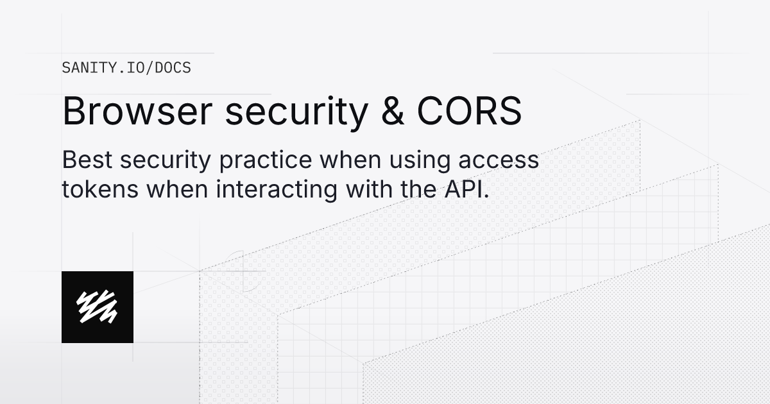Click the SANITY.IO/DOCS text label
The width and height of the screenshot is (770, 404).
click(126, 67)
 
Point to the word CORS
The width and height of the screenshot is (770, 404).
click(470, 112)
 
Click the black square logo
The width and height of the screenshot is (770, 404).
click(98, 307)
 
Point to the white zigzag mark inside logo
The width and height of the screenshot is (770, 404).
click(98, 307)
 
